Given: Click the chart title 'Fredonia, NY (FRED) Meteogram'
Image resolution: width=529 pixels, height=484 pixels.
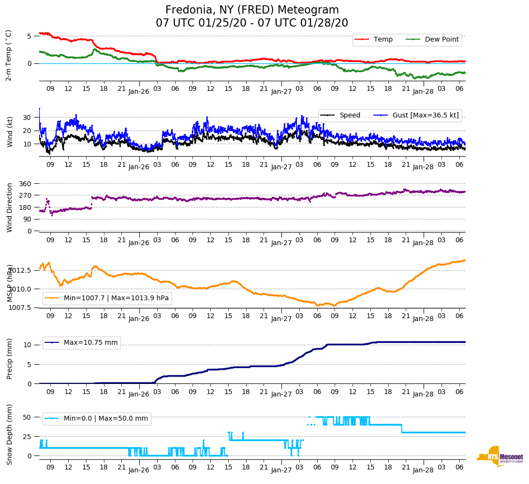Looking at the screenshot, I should pos(252,10).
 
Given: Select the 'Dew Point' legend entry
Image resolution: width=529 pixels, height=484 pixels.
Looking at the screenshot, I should pos(441,40).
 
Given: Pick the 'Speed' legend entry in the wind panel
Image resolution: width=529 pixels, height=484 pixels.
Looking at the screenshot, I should pos(350,115).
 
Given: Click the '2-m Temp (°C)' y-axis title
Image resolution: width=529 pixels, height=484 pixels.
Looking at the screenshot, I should pos(9,55).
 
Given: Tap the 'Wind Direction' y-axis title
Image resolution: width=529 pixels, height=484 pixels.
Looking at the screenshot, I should pos(10,207).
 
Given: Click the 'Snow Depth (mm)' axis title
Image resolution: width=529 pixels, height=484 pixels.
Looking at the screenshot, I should pos(10,434).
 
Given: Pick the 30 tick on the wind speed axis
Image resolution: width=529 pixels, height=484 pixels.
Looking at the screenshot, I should pos(27,117).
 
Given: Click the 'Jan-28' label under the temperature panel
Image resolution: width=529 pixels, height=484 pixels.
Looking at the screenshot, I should pos(423,91).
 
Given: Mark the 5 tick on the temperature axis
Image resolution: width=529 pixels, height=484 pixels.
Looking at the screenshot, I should pos(29,36).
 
